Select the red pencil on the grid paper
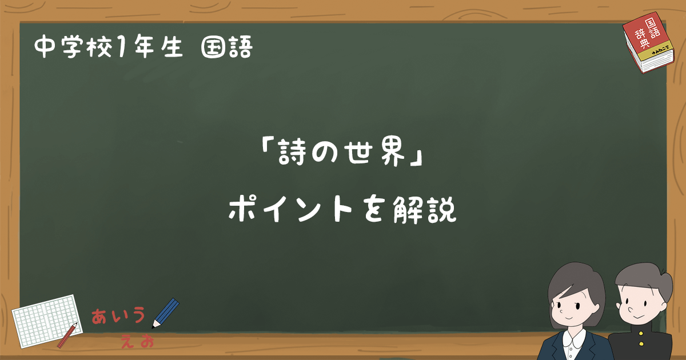[67, 335]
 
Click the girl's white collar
[573, 341]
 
